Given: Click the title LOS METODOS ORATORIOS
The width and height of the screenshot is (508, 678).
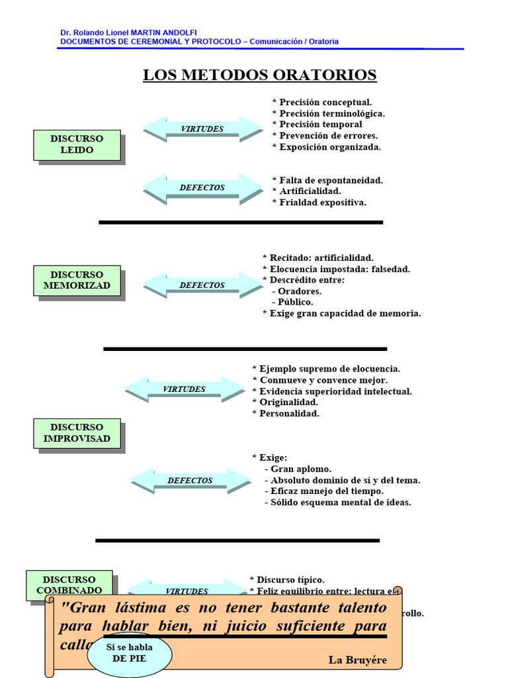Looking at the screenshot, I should tap(260, 75).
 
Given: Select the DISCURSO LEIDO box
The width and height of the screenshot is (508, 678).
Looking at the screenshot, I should tap(77, 144).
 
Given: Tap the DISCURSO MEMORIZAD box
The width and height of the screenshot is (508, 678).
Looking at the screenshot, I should tap(77, 280).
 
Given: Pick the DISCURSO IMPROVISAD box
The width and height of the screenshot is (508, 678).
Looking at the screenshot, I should tap(77, 433).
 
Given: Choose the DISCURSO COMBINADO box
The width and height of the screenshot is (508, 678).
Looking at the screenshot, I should tap(69, 585).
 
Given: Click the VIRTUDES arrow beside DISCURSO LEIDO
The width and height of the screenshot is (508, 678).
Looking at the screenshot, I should tap(202, 129).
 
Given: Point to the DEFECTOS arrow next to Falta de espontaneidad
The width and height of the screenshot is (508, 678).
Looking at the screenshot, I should tap(202, 188).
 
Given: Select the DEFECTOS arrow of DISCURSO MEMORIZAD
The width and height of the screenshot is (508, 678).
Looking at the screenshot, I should tap(202, 285).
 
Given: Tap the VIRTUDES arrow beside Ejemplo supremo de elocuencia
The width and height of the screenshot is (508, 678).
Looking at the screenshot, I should tap(185, 389).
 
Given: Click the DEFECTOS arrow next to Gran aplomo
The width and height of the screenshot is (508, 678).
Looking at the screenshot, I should tap(190, 481).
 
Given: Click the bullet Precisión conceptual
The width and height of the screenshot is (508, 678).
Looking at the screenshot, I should tap(322, 103).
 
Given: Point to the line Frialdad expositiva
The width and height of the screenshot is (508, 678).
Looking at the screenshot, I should tap(319, 203).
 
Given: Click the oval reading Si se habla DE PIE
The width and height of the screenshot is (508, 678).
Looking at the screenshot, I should tap(130, 653).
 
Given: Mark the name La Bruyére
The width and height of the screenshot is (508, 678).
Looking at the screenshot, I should tap(357, 660).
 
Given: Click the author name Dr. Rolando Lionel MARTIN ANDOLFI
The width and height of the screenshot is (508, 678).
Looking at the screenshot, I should tap(128, 32).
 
